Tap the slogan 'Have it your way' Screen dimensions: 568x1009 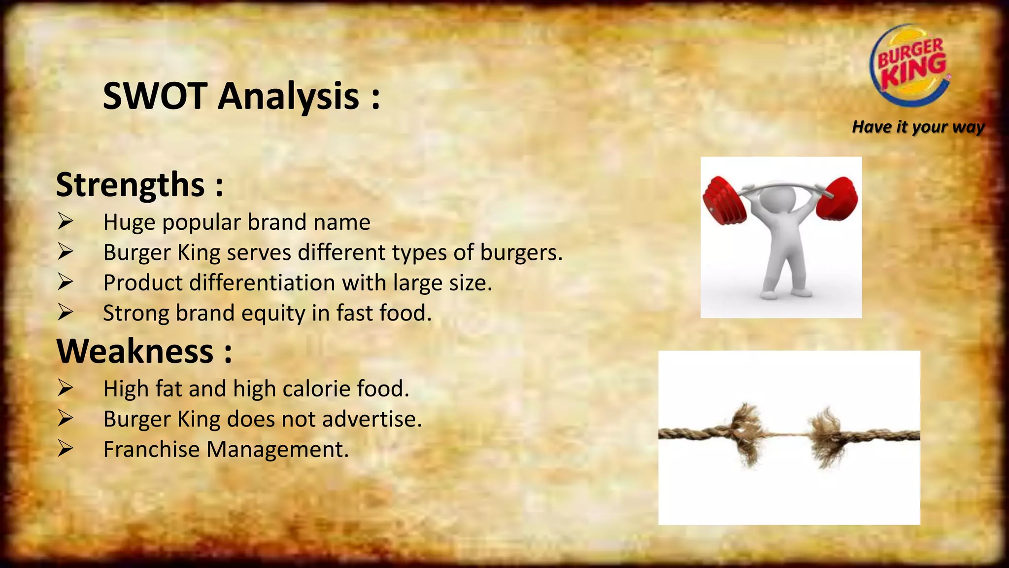[918, 127]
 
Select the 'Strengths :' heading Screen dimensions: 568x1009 [140, 185]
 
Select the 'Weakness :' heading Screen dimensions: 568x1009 [144, 351]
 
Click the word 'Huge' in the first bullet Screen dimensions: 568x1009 [129, 222]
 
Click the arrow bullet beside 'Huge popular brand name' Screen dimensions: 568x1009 [65, 221]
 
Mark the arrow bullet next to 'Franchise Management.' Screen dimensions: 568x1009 [65, 449]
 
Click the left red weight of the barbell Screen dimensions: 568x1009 [724, 200]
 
